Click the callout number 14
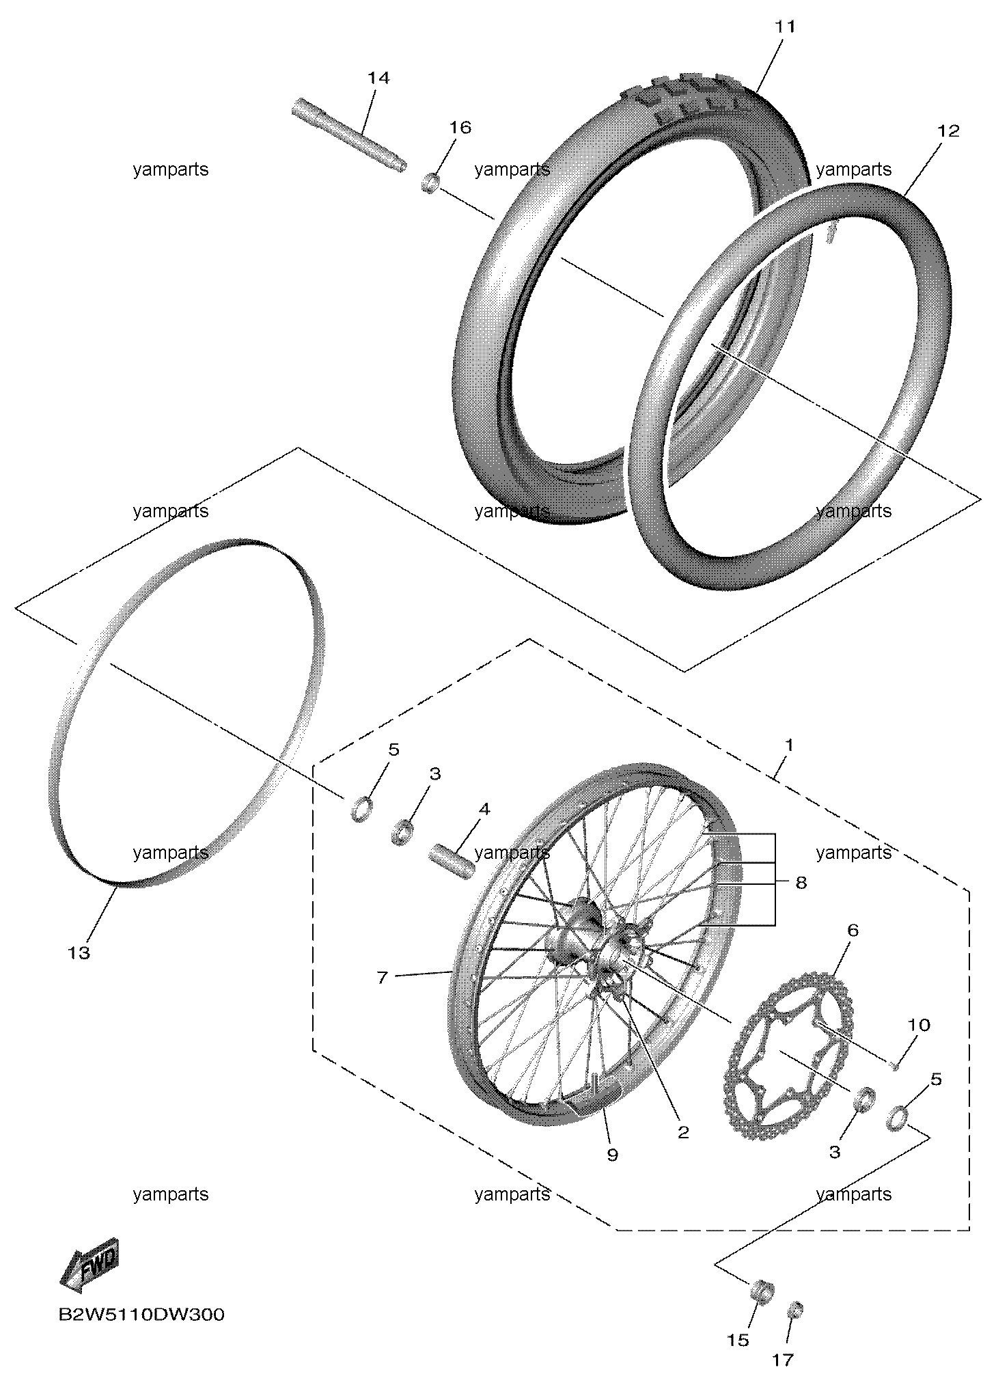pos(378,78)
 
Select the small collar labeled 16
pos(429,183)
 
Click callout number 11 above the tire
pos(785,27)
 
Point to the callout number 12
pos(948,131)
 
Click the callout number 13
pos(79,952)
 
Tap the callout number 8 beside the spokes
pos(801,883)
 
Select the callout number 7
pos(382,978)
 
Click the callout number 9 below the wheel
pos(612,1154)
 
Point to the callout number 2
pos(683,1131)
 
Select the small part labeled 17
pos(795,1310)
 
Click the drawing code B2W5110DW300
pos(141,1315)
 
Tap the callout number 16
pos(460,128)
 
